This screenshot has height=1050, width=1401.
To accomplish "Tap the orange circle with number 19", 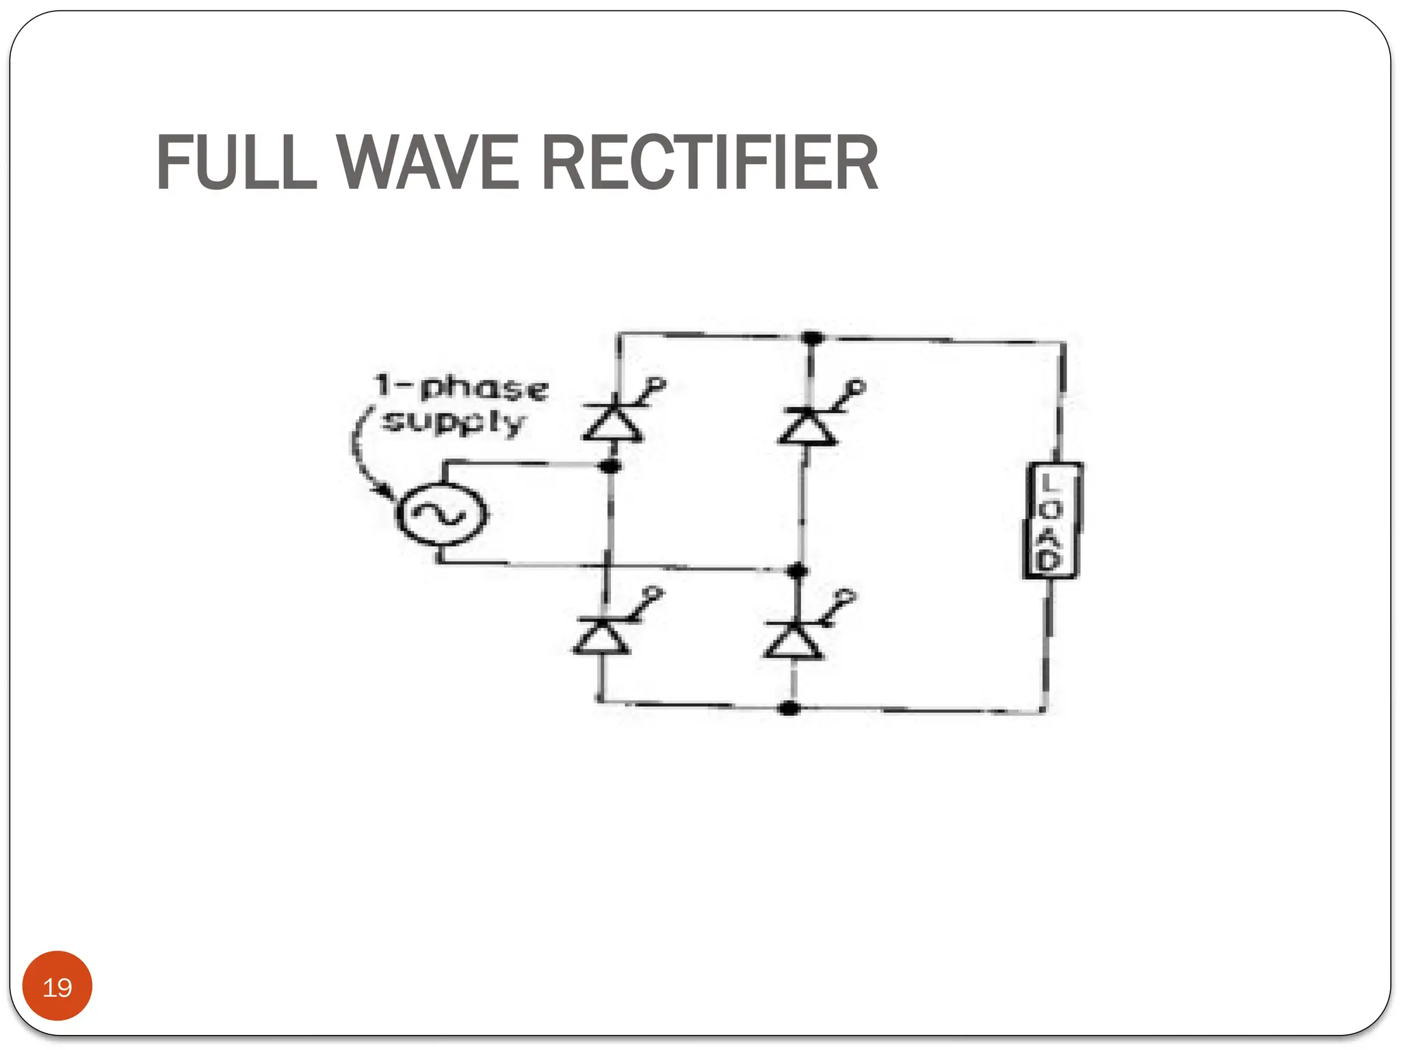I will (x=57, y=986).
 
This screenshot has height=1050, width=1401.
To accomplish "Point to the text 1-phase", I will (x=462, y=388).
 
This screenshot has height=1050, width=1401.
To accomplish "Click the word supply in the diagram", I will (x=453, y=422).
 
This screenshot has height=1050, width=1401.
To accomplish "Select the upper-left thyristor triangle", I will (x=613, y=424).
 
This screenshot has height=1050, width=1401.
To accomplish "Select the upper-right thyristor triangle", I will (x=808, y=427).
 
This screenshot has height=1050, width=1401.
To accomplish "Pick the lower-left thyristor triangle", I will (x=601, y=636).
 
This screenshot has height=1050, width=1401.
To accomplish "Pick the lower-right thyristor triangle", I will (x=793, y=640).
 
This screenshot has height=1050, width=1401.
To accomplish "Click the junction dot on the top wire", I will (x=812, y=338).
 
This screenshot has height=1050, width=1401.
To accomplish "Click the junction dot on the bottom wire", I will (x=789, y=708).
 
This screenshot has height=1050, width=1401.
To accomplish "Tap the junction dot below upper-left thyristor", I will (x=610, y=466).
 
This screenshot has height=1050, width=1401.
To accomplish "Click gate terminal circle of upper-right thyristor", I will (x=857, y=388).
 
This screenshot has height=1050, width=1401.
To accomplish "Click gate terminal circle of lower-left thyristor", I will (x=654, y=593).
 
